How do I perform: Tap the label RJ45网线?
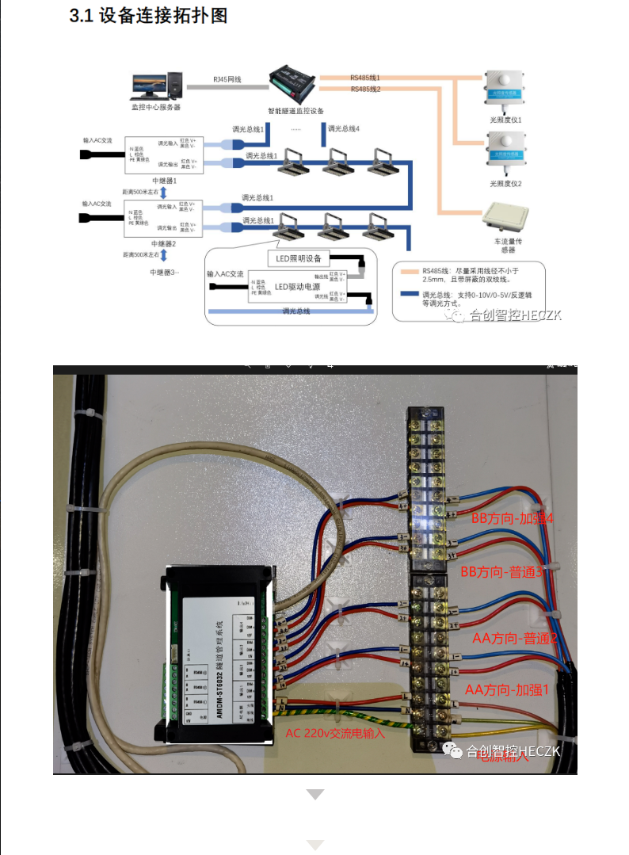227,80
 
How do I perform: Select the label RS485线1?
365,78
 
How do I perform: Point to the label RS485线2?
365,89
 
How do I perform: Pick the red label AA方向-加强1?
507,689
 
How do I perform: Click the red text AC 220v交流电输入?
334,734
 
